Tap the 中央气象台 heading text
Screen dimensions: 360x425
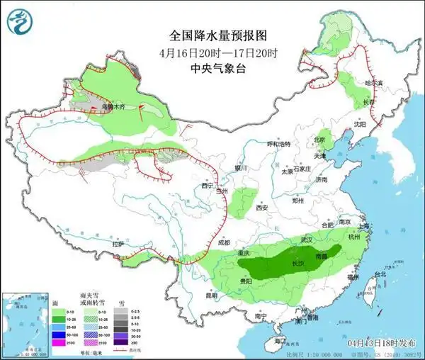tap(212, 69)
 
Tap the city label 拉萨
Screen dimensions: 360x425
tap(118, 244)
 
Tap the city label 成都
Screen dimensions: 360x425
tap(224, 242)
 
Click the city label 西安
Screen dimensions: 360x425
tap(263, 208)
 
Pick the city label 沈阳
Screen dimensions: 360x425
tap(361, 123)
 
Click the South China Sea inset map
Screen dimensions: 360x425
tap(21, 318)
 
